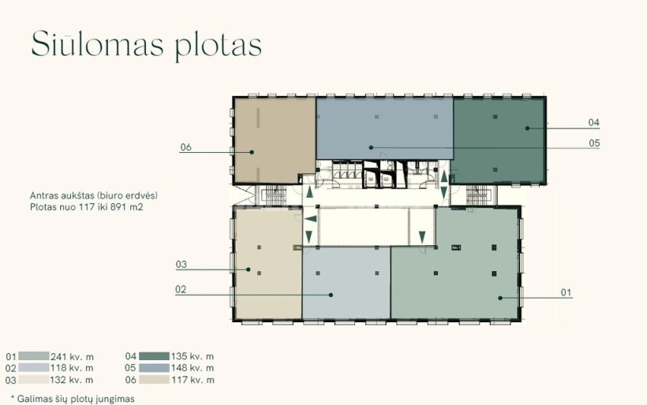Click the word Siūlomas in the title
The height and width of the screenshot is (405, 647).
[97, 43]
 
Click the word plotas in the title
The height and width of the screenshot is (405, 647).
[219, 46]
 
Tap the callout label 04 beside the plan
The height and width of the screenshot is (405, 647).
[594, 122]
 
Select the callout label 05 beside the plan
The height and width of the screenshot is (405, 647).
[594, 143]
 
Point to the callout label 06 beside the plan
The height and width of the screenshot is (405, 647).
[185, 147]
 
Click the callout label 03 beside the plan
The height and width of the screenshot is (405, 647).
[181, 265]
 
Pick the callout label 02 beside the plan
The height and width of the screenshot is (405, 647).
[181, 289]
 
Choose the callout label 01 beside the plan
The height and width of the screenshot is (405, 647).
[567, 292]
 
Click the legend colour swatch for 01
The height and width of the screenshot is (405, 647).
[34, 356]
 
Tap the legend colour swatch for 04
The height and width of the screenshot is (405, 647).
[154, 356]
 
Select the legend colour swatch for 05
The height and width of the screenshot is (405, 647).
[154, 368]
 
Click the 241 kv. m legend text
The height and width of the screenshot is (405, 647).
[72, 356]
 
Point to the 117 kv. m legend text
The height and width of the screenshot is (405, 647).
[193, 380]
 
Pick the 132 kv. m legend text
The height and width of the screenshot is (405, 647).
[72, 380]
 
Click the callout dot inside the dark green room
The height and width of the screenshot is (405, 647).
[527, 128]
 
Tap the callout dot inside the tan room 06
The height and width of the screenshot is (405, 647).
[252, 152]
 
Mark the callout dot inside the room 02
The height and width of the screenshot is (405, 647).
[331, 295]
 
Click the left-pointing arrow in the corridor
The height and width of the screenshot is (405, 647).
[311, 219]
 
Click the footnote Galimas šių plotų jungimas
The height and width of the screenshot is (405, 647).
[76, 399]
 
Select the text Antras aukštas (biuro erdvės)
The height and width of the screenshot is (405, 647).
[94, 195]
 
